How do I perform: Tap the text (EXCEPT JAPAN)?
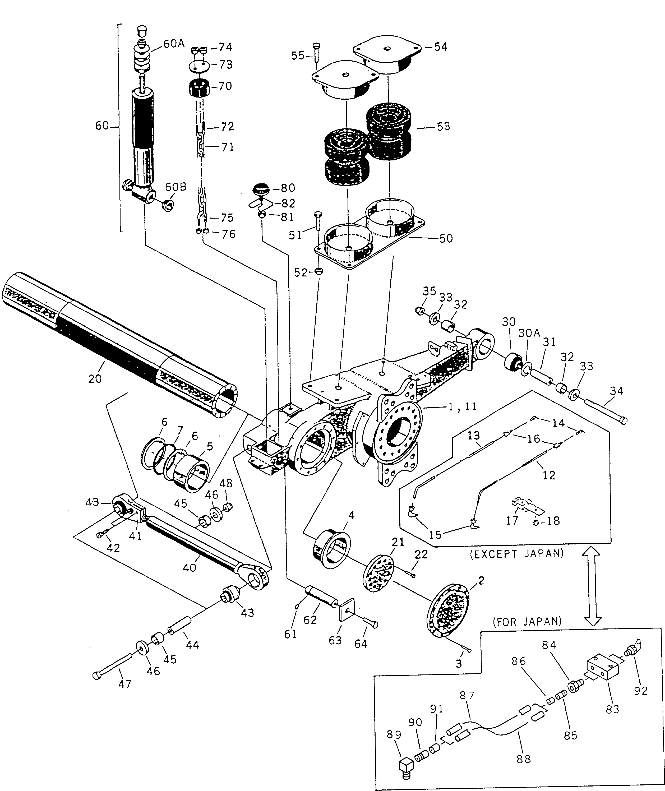(516, 554)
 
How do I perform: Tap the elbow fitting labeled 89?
(406, 766)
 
